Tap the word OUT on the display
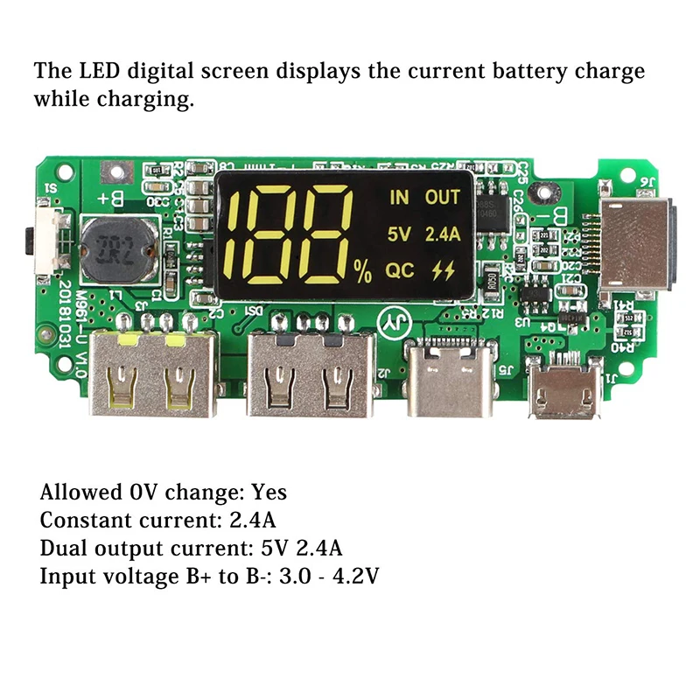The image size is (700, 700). [x=443, y=198]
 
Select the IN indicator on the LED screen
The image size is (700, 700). [x=399, y=198]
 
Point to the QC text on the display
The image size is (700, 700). [x=401, y=270]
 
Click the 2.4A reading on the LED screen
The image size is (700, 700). [x=443, y=234]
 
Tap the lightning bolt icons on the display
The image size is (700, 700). [x=444, y=270]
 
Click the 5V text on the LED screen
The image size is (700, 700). [x=399, y=234]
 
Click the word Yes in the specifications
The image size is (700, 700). [x=269, y=493]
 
